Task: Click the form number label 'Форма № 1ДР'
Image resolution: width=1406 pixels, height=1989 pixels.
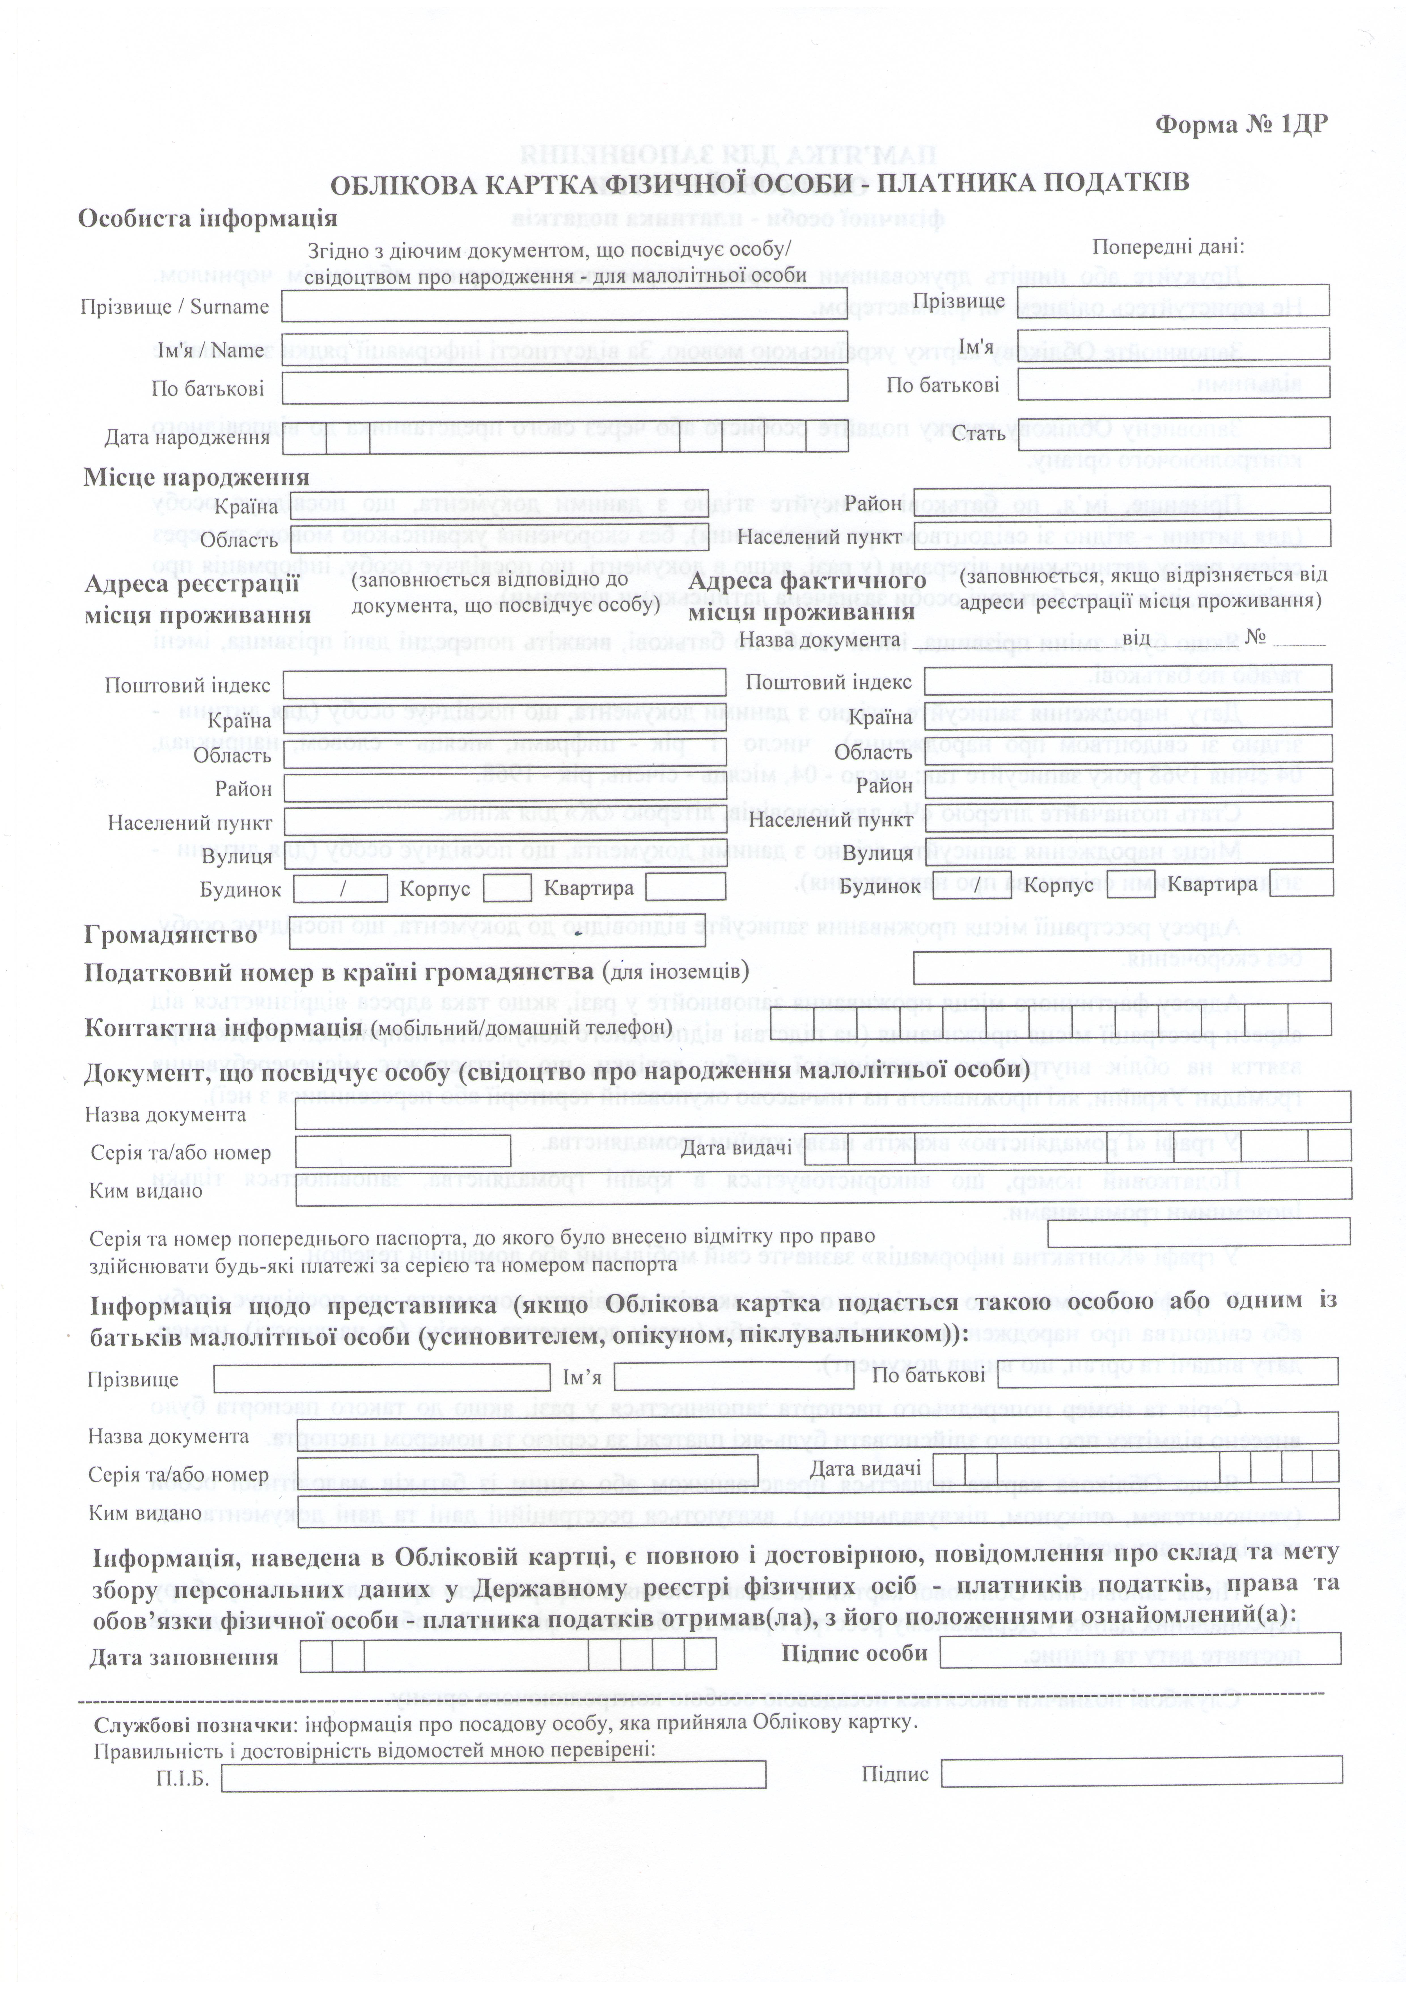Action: coord(1240,125)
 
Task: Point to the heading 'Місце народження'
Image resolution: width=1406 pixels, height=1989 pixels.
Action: coord(196,477)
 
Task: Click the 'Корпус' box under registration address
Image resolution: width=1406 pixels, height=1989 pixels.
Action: coord(507,888)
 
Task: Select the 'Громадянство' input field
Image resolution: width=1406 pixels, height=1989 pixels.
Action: coord(496,932)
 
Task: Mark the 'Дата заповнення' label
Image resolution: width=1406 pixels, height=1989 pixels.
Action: coord(184,1657)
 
